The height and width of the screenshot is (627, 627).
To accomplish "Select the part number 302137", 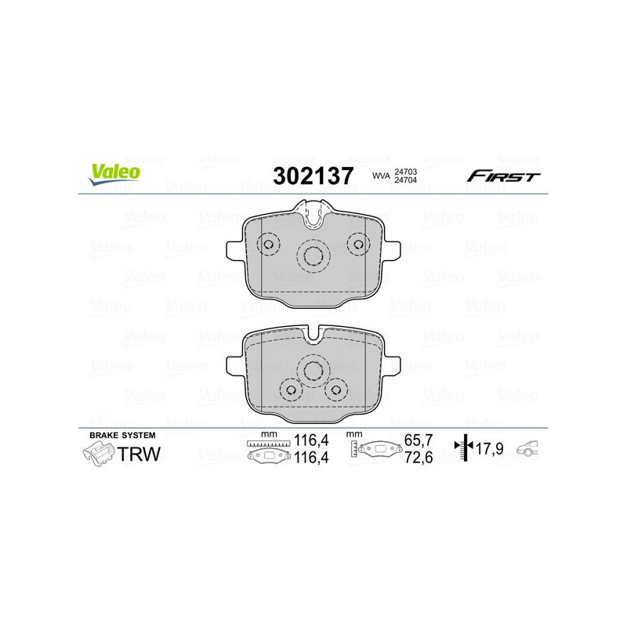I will tap(313, 176).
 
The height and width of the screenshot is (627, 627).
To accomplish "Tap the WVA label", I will tap(381, 176).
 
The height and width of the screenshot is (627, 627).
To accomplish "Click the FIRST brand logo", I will tap(503, 176).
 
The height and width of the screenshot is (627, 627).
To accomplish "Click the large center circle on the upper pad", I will tap(313, 254).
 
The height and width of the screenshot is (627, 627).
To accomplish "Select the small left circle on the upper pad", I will tap(269, 245).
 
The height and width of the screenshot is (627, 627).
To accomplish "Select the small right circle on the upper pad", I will tap(358, 245).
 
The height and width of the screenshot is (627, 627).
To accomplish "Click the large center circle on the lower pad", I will tap(313, 371).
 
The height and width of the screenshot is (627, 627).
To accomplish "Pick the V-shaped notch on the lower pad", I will tap(313, 336).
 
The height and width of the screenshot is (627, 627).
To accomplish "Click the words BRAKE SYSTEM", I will tap(122, 435).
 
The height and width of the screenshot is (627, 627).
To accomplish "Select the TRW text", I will tap(139, 455).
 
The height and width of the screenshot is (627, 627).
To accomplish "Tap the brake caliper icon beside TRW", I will tap(98, 455).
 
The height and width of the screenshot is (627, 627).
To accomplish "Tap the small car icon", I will tap(530, 450).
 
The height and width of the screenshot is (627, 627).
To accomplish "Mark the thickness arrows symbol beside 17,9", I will tap(466, 449).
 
